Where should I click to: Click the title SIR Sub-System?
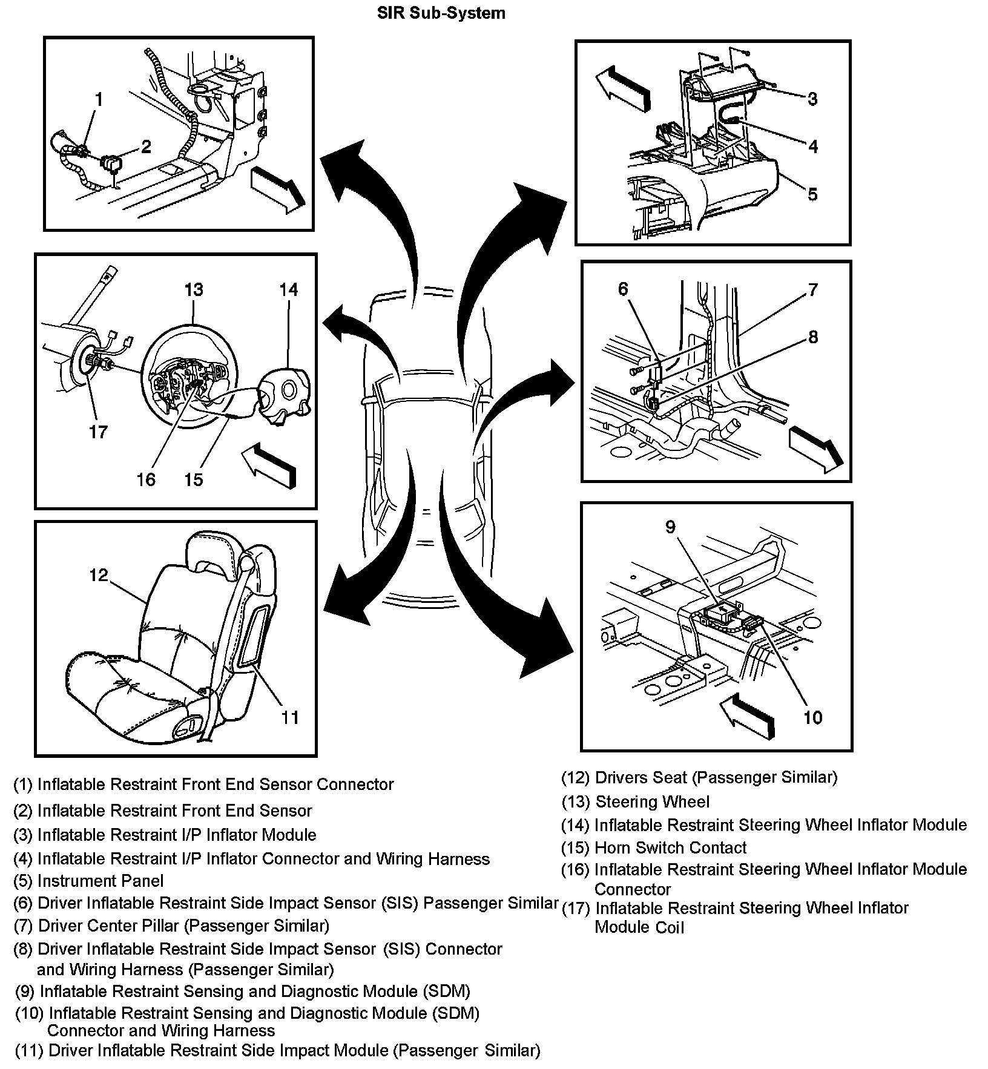point(441,13)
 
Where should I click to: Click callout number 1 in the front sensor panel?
point(99,99)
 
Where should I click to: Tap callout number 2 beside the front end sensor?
point(146,146)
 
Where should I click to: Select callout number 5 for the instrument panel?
point(812,194)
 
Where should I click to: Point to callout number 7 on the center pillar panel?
point(812,289)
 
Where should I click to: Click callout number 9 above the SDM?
point(670,527)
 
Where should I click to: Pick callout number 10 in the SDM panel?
point(812,717)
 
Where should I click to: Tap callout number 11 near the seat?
point(291,717)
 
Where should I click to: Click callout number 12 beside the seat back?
point(98,575)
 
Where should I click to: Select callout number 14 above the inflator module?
point(289,290)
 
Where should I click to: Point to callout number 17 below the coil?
point(98,432)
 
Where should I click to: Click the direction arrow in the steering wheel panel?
point(269,465)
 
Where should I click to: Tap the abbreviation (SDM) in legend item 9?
point(446,991)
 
